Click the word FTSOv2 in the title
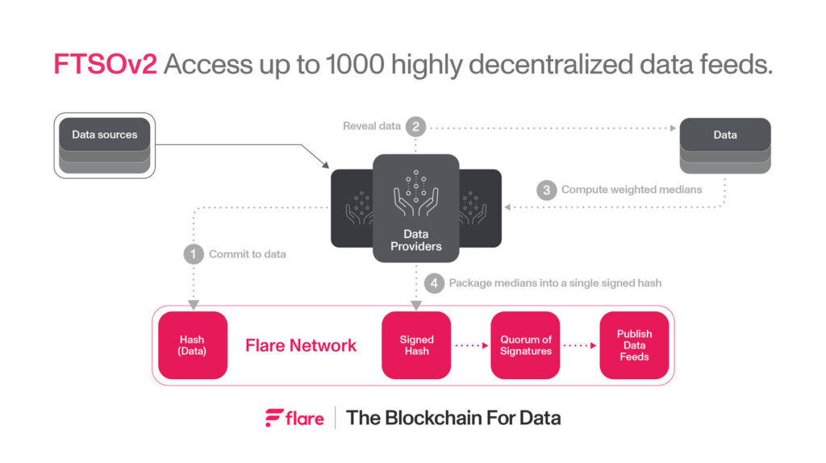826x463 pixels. point(105,65)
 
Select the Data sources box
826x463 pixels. point(104,135)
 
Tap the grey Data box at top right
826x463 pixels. point(724,135)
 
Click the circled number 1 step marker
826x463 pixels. point(194,254)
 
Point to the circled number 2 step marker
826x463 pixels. point(415,126)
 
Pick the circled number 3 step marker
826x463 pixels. point(547,190)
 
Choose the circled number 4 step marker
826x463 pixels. point(434,283)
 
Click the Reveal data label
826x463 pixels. point(372,126)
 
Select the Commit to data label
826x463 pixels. point(247,254)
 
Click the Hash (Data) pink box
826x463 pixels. point(193,345)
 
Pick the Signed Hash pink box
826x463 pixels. point(416,345)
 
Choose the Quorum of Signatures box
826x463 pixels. point(525,345)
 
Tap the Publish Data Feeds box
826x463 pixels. point(634,345)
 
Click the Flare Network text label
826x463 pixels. point(300,345)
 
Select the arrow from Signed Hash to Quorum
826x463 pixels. point(471,345)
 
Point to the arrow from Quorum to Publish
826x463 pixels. point(580,345)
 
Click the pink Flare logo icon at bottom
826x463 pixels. point(274,418)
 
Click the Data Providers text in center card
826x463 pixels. point(415,240)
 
